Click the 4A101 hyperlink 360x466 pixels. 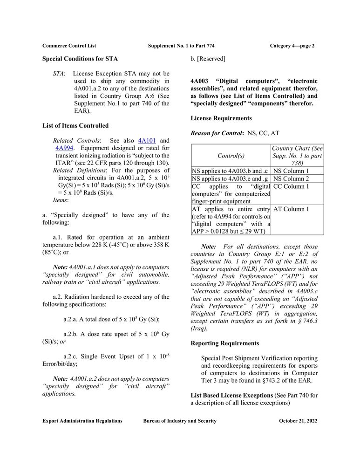coord(147,140)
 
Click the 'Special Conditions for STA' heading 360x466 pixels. coord(80,59)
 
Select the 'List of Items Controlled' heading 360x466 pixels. coord(75,125)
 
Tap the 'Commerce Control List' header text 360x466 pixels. coord(69,46)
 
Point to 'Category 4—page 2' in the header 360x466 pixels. coord(292,46)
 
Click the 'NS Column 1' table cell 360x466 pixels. coord(291,171)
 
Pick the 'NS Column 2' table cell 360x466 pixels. coord(291,178)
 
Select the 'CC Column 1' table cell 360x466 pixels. coord(291,186)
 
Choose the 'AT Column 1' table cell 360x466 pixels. coord(291,209)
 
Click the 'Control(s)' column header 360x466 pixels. coord(231,156)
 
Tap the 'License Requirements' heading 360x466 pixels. coord(221,118)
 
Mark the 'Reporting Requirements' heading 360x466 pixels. coord(225,343)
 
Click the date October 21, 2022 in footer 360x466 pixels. coord(298,421)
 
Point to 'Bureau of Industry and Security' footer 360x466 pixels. coord(180,421)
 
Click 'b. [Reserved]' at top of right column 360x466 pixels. coord(208,59)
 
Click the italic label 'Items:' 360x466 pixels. coord(61,200)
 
